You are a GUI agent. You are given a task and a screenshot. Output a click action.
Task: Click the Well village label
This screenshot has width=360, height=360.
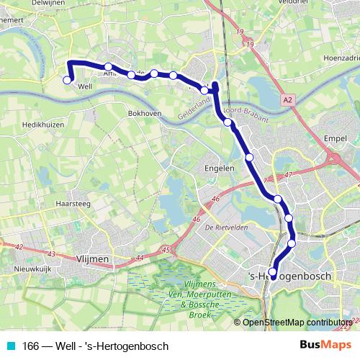(84, 86)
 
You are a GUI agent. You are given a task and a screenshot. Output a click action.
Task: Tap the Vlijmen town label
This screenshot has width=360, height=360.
(91, 257)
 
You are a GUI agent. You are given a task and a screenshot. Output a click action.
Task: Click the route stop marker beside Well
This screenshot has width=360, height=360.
(67, 80)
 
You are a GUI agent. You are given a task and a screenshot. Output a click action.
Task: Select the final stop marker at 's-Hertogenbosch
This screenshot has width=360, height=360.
(273, 271)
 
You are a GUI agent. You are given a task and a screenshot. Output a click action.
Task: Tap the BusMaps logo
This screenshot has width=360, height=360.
(320, 346)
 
